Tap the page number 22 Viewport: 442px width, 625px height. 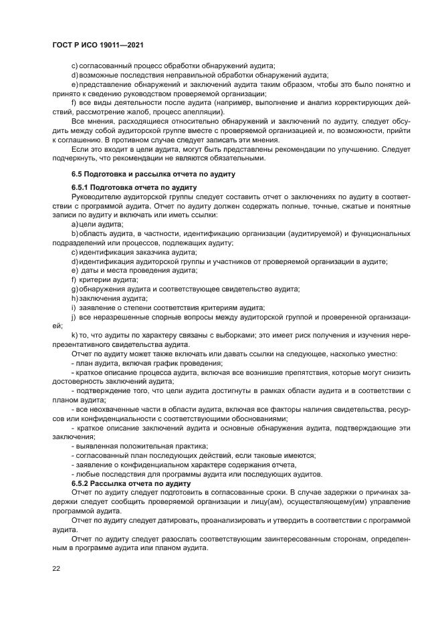tap(55, 568)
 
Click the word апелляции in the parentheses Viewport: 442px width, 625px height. tap(218, 113)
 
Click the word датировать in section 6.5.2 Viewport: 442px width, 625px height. tap(175, 519)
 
